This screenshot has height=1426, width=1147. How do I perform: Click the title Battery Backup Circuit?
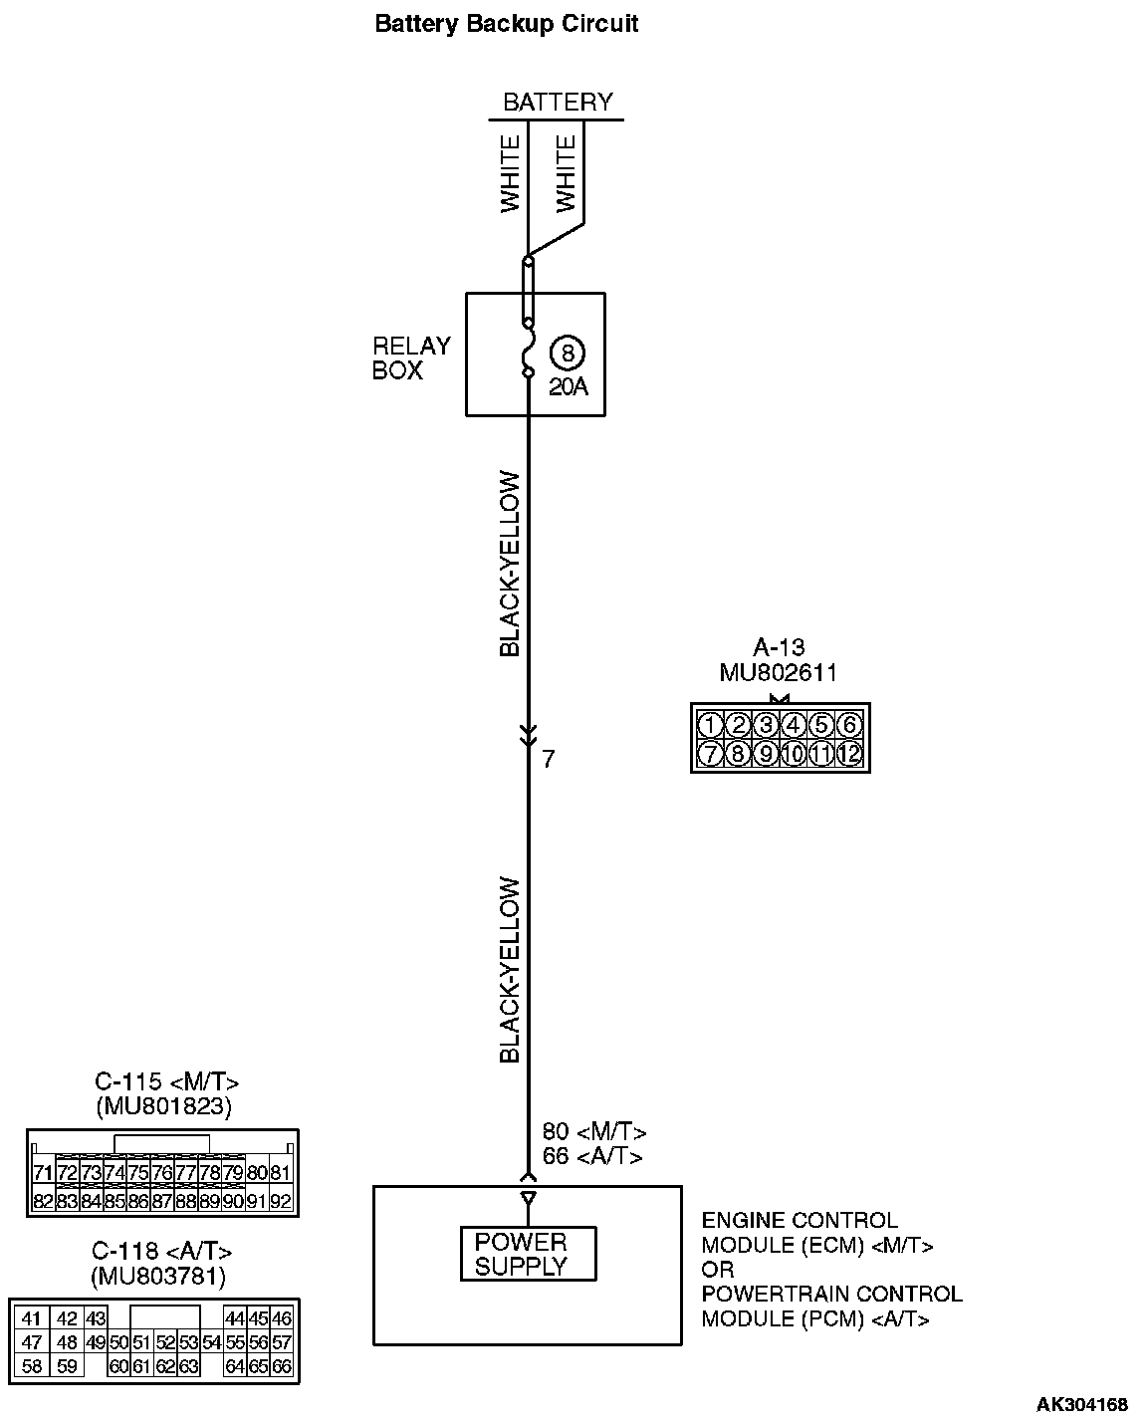point(506,24)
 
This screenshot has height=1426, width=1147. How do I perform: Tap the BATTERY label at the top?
point(558,103)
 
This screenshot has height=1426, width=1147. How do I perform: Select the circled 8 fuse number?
point(568,354)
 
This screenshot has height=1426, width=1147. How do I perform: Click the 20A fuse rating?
point(568,387)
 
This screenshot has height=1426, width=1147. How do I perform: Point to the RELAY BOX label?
point(411,358)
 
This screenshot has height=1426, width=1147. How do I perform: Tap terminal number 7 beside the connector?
point(549,760)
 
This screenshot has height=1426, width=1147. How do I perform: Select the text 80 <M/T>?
point(594,1132)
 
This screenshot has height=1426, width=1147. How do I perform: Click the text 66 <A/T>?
point(592,1156)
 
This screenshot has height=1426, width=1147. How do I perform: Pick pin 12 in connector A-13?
point(848,754)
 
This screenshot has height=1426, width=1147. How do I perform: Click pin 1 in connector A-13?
point(709,725)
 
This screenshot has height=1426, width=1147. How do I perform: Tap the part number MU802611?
point(778,674)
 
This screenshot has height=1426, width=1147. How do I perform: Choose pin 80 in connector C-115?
point(256,1173)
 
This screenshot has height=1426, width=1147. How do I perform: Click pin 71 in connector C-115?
point(43,1173)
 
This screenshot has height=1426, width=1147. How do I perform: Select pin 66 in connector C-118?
point(282,1366)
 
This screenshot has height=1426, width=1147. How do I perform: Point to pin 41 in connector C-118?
point(32,1318)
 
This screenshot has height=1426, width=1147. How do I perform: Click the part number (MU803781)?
point(158,1277)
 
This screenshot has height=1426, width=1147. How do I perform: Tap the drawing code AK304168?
point(1082,1405)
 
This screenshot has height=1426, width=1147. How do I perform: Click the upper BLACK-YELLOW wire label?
point(510,564)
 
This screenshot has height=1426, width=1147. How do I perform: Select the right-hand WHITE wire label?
point(566,174)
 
